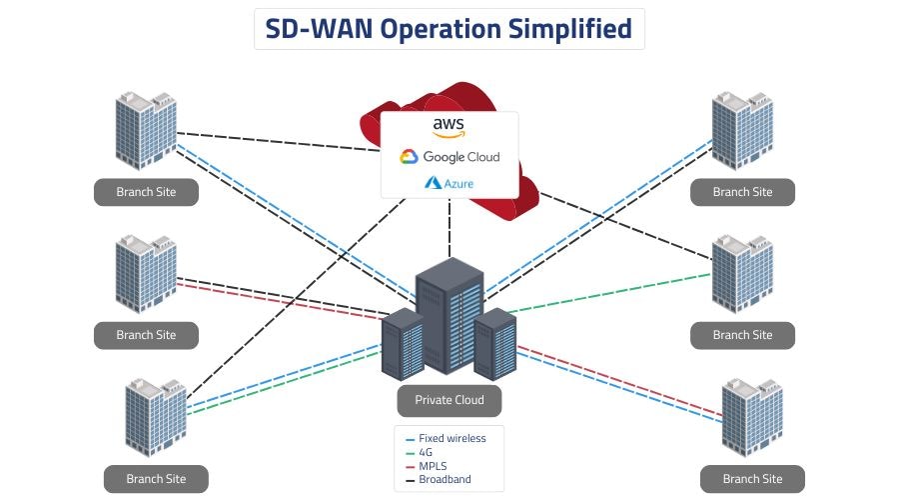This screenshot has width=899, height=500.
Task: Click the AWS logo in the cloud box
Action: click(449, 127)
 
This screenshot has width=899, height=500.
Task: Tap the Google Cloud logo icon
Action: click(408, 157)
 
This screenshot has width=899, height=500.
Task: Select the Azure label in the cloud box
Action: click(449, 183)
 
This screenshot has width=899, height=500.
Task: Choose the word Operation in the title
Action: click(438, 29)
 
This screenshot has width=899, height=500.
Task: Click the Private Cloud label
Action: click(449, 400)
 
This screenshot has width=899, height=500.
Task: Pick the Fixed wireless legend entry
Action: click(451, 438)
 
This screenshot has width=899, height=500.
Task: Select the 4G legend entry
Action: click(426, 452)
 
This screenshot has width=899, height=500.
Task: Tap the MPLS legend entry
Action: click(432, 466)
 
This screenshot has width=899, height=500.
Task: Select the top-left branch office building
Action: click(146, 130)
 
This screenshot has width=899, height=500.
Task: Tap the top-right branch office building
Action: click(741, 130)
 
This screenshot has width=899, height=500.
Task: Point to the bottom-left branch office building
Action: click(156, 416)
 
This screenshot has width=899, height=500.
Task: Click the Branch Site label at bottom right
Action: click(752, 479)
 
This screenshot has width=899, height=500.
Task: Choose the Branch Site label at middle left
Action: click(146, 335)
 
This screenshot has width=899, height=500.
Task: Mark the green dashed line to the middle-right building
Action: click(609, 291)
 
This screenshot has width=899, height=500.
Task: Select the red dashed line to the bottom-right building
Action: click(619, 379)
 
